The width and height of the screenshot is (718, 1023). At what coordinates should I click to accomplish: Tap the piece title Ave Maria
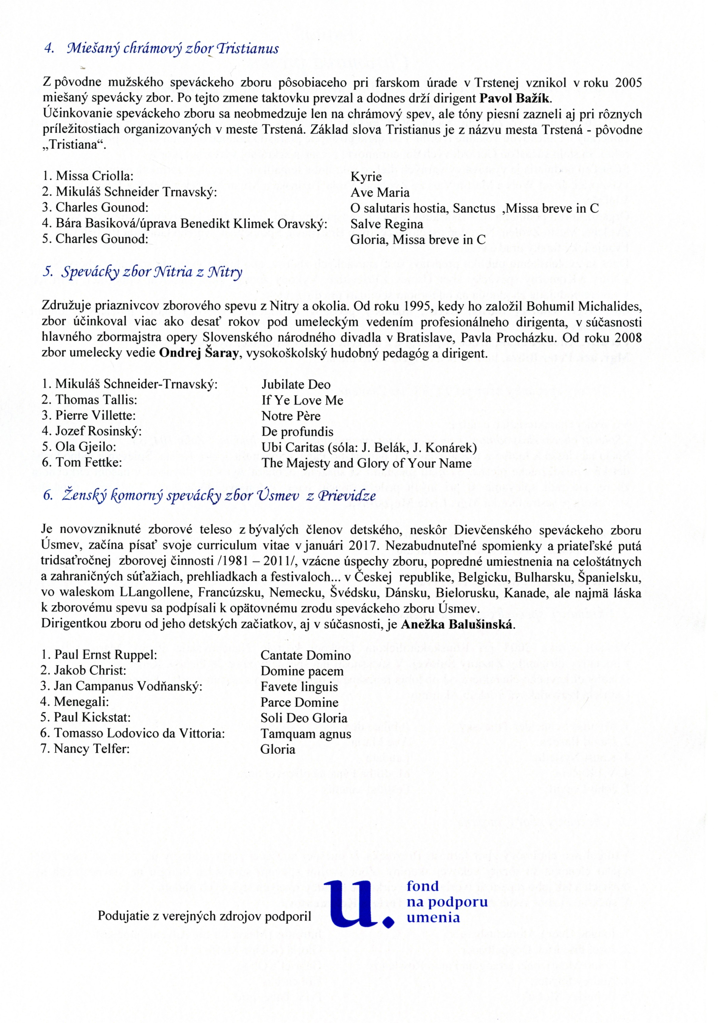tap(380, 192)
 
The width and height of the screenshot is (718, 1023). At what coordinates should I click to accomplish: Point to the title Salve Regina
tap(386, 224)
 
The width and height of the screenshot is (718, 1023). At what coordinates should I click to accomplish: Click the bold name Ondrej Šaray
tap(194, 353)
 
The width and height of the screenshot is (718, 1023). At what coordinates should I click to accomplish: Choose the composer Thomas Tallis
tap(96, 400)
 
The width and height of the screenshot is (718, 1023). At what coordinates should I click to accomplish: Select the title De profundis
tap(297, 431)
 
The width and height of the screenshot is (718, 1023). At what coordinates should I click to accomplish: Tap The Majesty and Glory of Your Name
tap(366, 463)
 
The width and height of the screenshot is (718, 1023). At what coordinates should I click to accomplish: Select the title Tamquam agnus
tap(306, 733)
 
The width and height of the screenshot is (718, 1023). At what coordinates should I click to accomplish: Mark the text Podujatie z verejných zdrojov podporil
tap(204, 916)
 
